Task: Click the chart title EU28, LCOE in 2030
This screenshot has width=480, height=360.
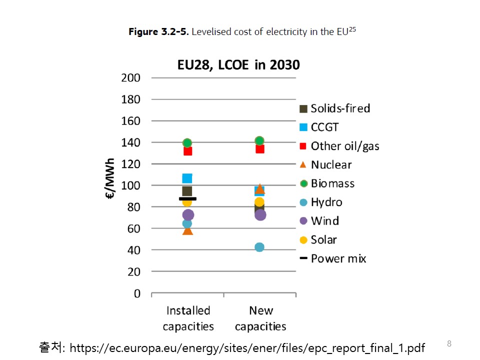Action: click(238, 65)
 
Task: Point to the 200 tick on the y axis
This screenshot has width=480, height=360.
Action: click(131, 78)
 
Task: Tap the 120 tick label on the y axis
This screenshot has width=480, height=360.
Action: click(131, 164)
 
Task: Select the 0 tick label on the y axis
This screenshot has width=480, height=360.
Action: click(137, 293)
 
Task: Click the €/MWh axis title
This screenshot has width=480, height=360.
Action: click(110, 179)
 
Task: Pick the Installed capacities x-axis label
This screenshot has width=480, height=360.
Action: click(188, 318)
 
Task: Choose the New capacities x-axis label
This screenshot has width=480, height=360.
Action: click(260, 318)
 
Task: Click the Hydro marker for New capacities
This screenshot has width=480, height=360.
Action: click(259, 247)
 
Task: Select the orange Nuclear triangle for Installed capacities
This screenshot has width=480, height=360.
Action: click(187, 230)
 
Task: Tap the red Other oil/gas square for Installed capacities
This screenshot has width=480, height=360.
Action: click(187, 150)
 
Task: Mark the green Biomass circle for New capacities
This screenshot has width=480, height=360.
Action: click(259, 141)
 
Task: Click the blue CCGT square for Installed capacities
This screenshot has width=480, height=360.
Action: click(187, 178)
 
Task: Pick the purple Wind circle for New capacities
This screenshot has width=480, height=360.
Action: click(260, 215)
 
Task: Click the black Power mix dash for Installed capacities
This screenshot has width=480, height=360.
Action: click(187, 198)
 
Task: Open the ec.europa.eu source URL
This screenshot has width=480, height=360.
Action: click(247, 347)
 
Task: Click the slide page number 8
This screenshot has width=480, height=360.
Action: click(449, 343)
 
